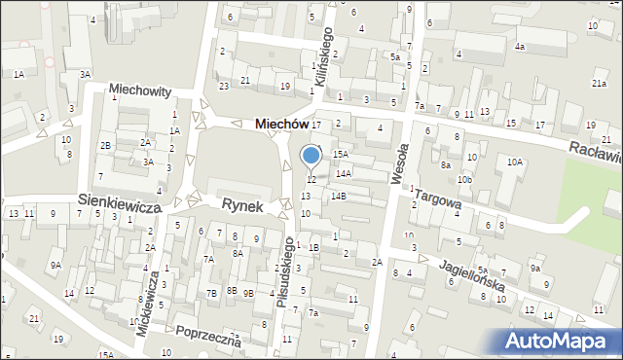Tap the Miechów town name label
[280, 125]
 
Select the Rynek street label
[243, 204]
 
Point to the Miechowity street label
[140, 90]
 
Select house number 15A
[340, 154]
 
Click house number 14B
[338, 196]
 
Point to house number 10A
[515, 162]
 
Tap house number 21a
[599, 84]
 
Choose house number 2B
[105, 146]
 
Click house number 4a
[520, 46]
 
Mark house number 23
[224, 87]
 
